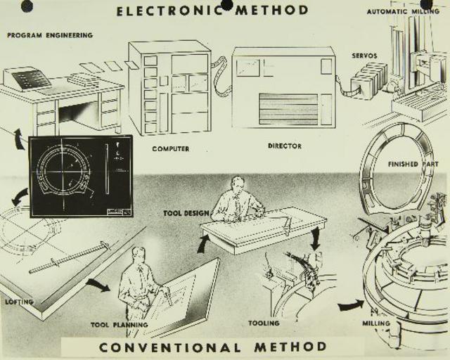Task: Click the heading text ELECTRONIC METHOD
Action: (x=212, y=10)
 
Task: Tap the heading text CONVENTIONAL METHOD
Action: (x=212, y=347)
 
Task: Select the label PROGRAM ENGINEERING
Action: (x=50, y=35)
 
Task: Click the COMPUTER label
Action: (x=170, y=149)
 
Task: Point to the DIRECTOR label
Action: (x=285, y=146)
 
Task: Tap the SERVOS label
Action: (x=364, y=56)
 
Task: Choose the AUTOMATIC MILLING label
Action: (x=403, y=11)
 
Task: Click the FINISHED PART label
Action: (x=413, y=164)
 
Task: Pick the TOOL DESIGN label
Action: (x=186, y=212)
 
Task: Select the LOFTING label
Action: (x=19, y=302)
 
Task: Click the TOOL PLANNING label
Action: (x=120, y=325)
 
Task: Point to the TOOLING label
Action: (x=264, y=323)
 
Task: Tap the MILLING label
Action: (x=376, y=324)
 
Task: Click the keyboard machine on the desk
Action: (x=27, y=78)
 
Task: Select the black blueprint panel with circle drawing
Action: (x=80, y=175)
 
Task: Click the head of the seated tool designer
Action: (x=238, y=184)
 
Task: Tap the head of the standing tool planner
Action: (x=139, y=254)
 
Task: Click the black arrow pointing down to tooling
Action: (x=315, y=239)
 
